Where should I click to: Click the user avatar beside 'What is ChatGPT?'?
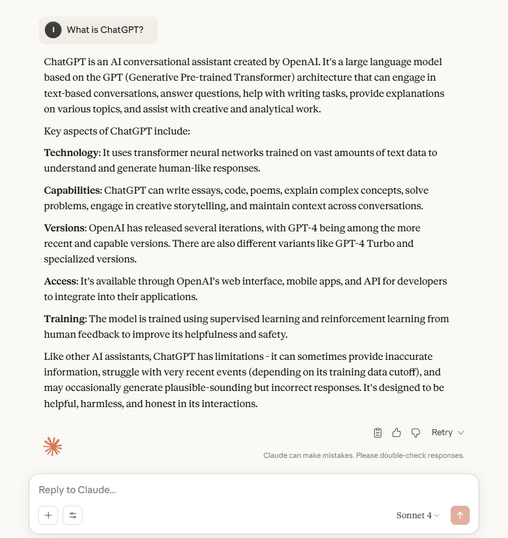(53, 30)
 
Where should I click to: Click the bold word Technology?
(71, 152)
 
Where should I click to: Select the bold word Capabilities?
(72, 190)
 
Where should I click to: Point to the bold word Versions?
(65, 228)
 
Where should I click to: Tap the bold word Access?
(60, 281)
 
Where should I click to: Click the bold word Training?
(65, 319)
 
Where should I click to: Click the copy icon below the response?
(378, 432)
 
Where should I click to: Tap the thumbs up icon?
(397, 432)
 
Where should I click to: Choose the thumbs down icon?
(416, 432)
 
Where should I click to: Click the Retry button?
(447, 432)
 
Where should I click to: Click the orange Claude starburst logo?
(53, 447)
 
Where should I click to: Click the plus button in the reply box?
(48, 515)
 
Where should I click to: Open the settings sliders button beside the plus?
(73, 515)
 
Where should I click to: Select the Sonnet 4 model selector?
(417, 515)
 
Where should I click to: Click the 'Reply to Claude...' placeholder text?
(77, 490)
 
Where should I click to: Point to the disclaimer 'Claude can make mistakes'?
(364, 456)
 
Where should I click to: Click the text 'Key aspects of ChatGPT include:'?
(117, 131)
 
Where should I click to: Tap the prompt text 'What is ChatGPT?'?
(105, 30)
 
